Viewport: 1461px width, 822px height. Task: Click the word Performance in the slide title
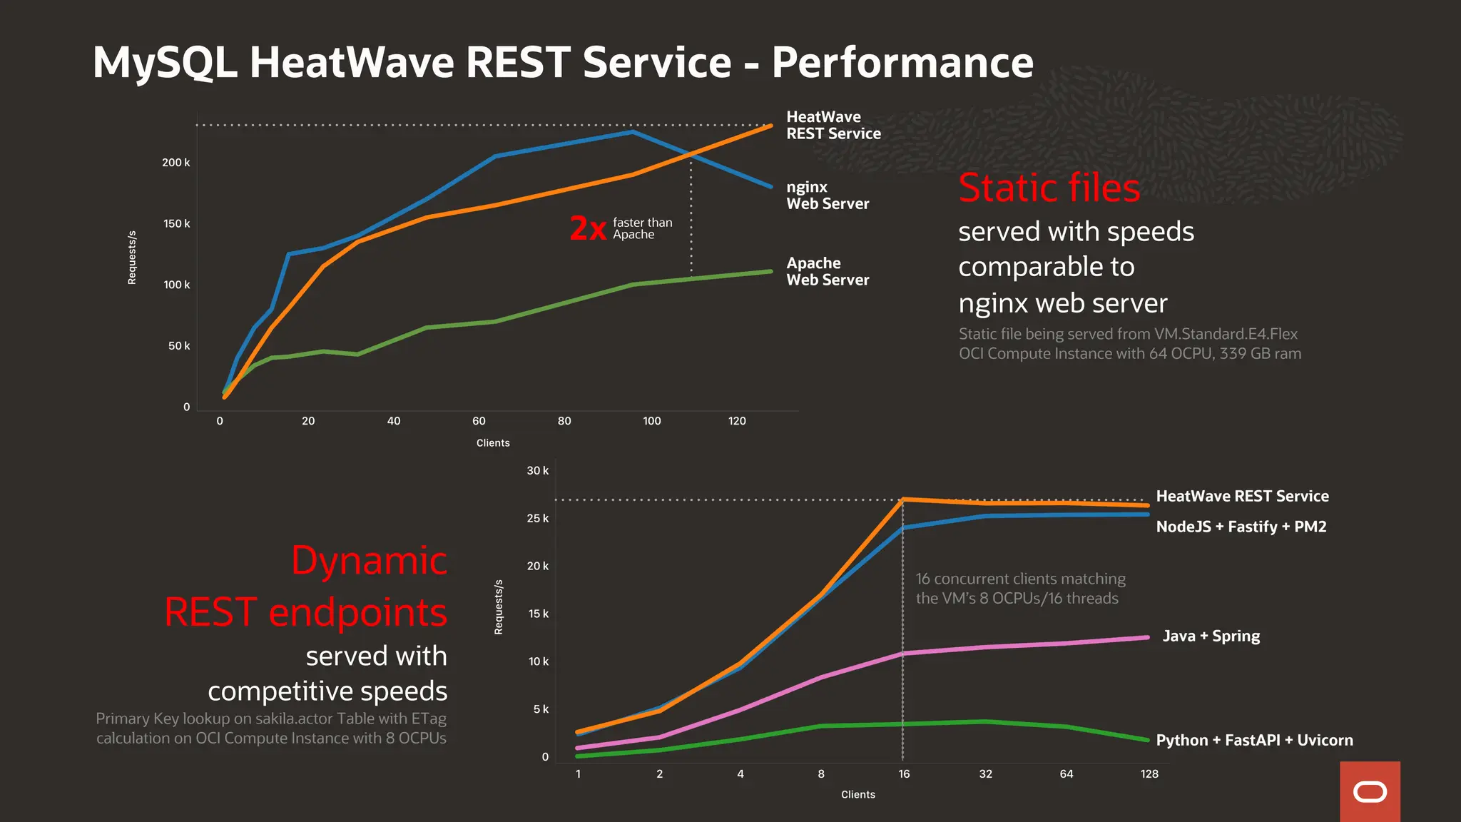pyautogui.click(x=902, y=63)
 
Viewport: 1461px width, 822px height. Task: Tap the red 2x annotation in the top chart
pyautogui.click(x=588, y=229)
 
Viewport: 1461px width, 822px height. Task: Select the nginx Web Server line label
pyautogui.click(x=827, y=196)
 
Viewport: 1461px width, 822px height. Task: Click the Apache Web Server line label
pyautogui.click(x=827, y=272)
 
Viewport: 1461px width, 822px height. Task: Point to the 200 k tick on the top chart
pyautogui.click(x=175, y=163)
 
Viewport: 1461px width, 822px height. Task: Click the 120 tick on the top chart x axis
pyautogui.click(x=737, y=421)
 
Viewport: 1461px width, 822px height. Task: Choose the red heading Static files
pyautogui.click(x=1049, y=188)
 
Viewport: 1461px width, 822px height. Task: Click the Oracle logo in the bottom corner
pyautogui.click(x=1370, y=792)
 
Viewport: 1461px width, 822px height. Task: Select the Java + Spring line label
pyautogui.click(x=1211, y=636)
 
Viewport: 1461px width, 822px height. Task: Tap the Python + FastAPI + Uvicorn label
pyautogui.click(x=1254, y=740)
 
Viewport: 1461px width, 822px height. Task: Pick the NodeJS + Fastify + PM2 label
pyautogui.click(x=1241, y=527)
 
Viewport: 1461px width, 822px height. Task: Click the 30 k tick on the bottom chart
pyautogui.click(x=537, y=471)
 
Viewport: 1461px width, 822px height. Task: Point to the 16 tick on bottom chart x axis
pyautogui.click(x=904, y=774)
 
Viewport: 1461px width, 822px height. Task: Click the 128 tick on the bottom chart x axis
pyautogui.click(x=1149, y=774)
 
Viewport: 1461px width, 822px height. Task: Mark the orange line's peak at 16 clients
pyautogui.click(x=903, y=499)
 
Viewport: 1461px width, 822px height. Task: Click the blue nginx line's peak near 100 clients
pyautogui.click(x=632, y=132)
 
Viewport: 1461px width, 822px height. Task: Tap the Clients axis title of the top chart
pyautogui.click(x=493, y=443)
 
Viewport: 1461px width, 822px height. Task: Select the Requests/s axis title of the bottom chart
pyautogui.click(x=499, y=607)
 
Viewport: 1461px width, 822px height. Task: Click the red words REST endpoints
pyautogui.click(x=305, y=612)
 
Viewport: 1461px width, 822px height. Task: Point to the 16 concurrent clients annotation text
pyautogui.click(x=1020, y=589)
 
